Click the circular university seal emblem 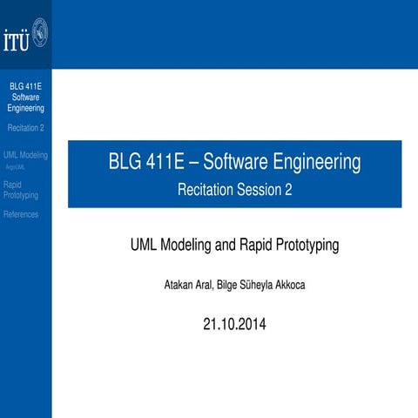(38, 35)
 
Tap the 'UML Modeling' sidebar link (26, 154)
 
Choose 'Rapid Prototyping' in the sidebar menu (21, 190)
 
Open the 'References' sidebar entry (21, 214)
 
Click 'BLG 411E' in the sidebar (25, 87)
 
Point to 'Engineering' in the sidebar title (25, 108)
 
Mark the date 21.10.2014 (234, 325)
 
